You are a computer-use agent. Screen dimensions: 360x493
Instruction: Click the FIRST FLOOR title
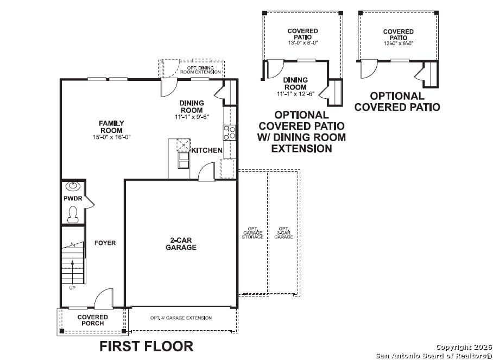coord(146,346)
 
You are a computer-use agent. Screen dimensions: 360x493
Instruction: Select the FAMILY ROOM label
coord(111,127)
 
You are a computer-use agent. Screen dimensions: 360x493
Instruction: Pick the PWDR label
coord(73,199)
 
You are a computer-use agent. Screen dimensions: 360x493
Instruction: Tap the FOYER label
coord(105,243)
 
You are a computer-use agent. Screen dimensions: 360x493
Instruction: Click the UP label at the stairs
coord(72,288)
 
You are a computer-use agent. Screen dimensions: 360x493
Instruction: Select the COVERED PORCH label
coord(92,320)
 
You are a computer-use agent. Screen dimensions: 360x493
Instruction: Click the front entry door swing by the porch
coord(103,299)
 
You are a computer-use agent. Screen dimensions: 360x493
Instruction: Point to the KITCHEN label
coord(206,150)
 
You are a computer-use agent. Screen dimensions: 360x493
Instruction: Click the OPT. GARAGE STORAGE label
coord(252,233)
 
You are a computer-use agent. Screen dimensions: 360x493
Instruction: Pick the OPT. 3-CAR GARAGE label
coord(283,233)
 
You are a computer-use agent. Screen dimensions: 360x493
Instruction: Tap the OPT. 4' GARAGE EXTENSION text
coord(181,318)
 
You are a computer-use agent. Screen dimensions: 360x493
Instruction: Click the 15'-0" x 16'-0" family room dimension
coord(111,137)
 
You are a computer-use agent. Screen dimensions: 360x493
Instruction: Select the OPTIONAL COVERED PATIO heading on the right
coord(397,102)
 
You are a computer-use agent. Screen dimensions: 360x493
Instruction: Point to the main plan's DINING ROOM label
coord(192,106)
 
